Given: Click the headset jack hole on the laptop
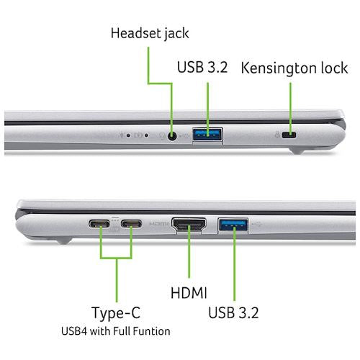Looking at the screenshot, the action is (x=172, y=136).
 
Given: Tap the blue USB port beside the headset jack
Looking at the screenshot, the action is (x=207, y=135).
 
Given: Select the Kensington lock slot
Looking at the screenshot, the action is (x=289, y=135).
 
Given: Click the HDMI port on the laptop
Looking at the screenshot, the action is (x=189, y=225).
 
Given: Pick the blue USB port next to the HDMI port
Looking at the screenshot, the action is (x=233, y=225).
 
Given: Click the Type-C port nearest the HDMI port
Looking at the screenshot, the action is (x=131, y=224).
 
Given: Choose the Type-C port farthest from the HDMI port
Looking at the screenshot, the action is (x=99, y=224).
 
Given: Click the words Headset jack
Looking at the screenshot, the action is (x=150, y=33).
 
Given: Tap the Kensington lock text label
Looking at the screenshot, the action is (x=294, y=68).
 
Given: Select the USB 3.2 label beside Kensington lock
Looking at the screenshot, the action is (x=202, y=67).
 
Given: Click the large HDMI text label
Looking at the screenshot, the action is (x=189, y=292).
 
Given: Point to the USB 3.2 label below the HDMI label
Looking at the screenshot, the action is (x=233, y=312).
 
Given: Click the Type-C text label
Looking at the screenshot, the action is (x=116, y=313).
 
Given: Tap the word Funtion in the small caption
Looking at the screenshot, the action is (x=152, y=331).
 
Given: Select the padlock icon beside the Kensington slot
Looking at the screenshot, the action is (x=277, y=135).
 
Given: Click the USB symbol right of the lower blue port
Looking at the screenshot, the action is (x=257, y=225).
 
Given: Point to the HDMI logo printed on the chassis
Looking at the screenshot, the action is (x=159, y=224).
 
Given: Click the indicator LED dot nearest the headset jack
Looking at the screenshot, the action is (x=146, y=136).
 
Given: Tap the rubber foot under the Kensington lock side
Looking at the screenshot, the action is (x=297, y=151).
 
